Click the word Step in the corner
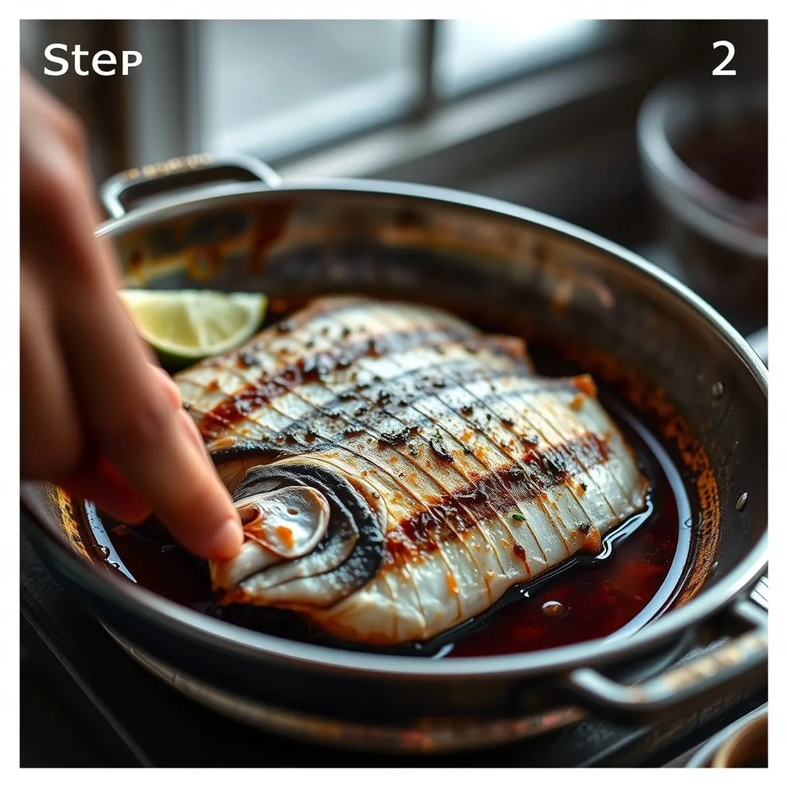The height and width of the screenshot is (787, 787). (92, 60)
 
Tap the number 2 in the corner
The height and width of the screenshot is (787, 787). (723, 59)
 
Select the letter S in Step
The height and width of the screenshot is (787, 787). (56, 60)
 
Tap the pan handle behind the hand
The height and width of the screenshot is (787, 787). (184, 176)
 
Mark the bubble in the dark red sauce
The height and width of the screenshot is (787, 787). (554, 609)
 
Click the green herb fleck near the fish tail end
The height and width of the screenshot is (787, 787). (519, 517)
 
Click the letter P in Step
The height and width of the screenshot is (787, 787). (132, 64)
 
